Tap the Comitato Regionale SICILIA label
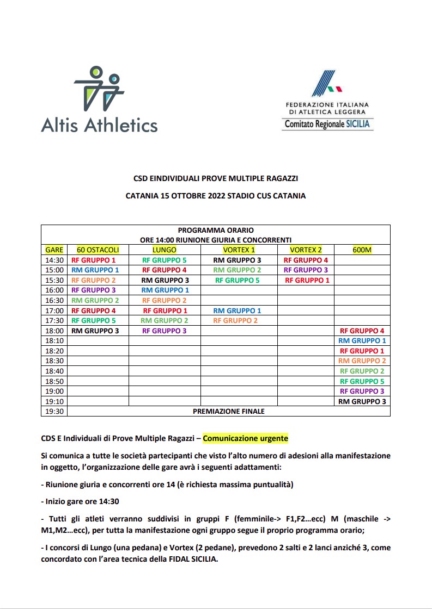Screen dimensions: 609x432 (327, 124)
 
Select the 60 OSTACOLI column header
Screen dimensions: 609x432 (98, 250)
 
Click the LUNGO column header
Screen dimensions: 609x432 (165, 250)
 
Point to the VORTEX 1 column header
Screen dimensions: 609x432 (239, 250)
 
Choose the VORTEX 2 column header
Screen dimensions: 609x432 (306, 250)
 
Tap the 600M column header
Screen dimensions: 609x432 (362, 250)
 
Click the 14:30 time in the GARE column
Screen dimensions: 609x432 (54, 260)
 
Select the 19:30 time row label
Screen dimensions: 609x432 (54, 411)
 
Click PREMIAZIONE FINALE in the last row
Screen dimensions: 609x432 (228, 411)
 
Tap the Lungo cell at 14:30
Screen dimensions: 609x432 (165, 260)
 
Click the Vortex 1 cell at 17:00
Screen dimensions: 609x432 (237, 310)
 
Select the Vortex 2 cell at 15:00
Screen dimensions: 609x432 (306, 270)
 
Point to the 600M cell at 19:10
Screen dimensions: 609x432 (362, 401)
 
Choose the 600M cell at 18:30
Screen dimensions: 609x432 (362, 361)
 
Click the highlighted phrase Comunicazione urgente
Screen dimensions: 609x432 (245, 438)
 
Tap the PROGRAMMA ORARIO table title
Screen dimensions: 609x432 (215, 230)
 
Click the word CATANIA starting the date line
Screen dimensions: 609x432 (143, 196)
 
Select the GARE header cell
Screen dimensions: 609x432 (54, 250)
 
